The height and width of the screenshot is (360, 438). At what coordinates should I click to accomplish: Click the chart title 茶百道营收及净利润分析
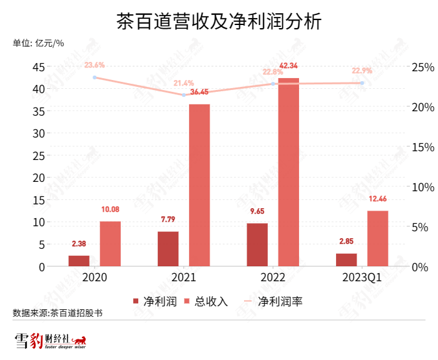click(219, 23)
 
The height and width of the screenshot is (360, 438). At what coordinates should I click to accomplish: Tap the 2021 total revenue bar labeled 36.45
click(199, 185)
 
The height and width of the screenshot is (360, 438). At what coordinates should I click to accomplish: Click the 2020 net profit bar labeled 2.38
click(79, 261)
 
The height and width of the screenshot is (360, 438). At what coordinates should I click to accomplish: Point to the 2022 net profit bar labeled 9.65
click(257, 244)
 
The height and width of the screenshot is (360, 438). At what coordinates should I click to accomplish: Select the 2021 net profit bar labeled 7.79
click(168, 249)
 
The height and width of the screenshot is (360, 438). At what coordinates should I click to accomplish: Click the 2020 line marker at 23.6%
click(94, 77)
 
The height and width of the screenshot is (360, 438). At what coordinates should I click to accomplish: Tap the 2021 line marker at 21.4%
click(184, 95)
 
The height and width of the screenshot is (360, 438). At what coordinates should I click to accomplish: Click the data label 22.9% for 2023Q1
click(362, 71)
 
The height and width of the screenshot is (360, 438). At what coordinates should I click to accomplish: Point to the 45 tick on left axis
click(38, 67)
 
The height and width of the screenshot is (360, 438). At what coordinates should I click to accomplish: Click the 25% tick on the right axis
click(422, 67)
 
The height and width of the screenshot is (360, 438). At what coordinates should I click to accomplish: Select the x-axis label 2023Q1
click(362, 277)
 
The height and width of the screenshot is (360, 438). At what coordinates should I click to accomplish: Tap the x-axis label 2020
click(94, 277)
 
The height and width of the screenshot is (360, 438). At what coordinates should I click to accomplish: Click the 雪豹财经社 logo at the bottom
click(50, 342)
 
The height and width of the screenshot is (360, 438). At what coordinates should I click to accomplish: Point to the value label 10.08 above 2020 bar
click(110, 209)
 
